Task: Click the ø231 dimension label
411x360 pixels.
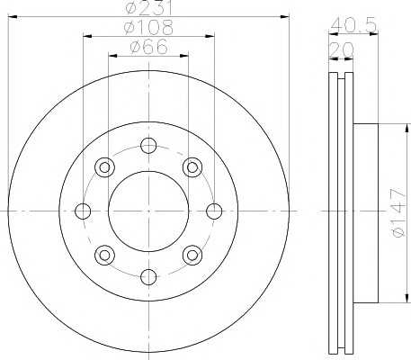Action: click(x=148, y=8)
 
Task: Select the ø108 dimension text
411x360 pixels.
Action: click(x=148, y=27)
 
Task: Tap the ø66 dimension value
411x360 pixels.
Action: click(x=148, y=47)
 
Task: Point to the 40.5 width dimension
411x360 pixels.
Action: click(x=353, y=25)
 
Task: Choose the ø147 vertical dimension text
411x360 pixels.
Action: click(x=398, y=212)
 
